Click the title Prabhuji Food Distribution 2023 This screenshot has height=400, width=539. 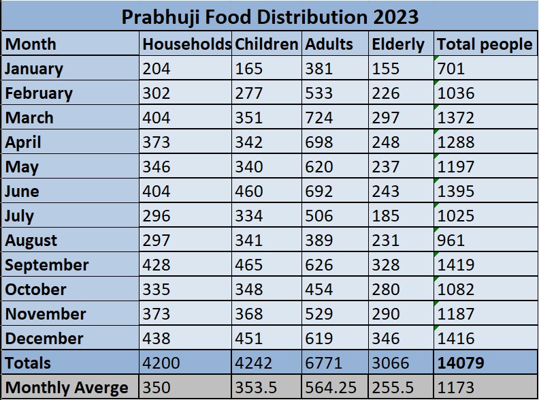(x=269, y=16)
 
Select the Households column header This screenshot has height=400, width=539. (x=186, y=44)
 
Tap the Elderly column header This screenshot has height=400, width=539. (x=397, y=44)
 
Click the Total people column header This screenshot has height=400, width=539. (x=484, y=44)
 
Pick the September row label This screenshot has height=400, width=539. (x=47, y=264)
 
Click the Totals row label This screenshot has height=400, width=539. (x=29, y=363)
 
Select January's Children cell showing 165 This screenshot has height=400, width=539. (x=248, y=69)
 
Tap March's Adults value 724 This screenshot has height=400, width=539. (x=319, y=118)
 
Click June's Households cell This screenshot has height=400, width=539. (x=157, y=191)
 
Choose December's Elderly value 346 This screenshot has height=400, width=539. (x=386, y=338)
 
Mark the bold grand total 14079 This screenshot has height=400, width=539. (x=461, y=363)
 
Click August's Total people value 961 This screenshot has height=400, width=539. (x=452, y=241)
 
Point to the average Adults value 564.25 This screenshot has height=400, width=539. (x=331, y=387)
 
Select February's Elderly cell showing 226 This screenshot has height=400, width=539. (x=386, y=93)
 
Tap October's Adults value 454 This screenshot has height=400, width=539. (x=319, y=289)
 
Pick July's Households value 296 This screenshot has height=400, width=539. (x=157, y=216)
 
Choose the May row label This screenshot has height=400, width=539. (x=22, y=167)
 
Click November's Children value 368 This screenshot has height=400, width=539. (x=248, y=313)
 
